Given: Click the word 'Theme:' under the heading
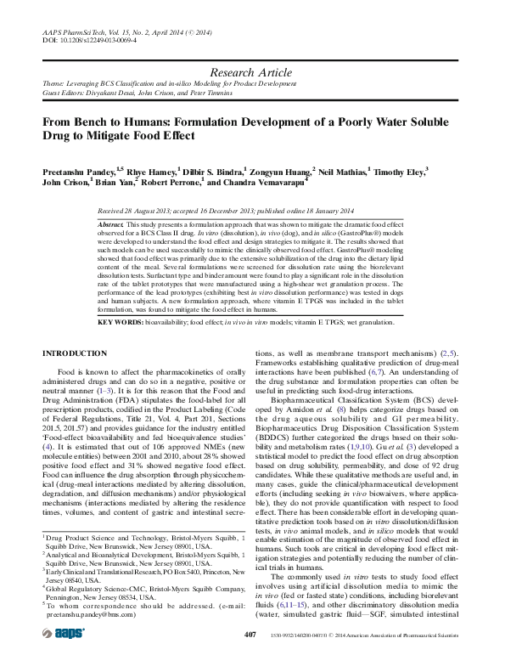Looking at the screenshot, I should click(54, 85).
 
